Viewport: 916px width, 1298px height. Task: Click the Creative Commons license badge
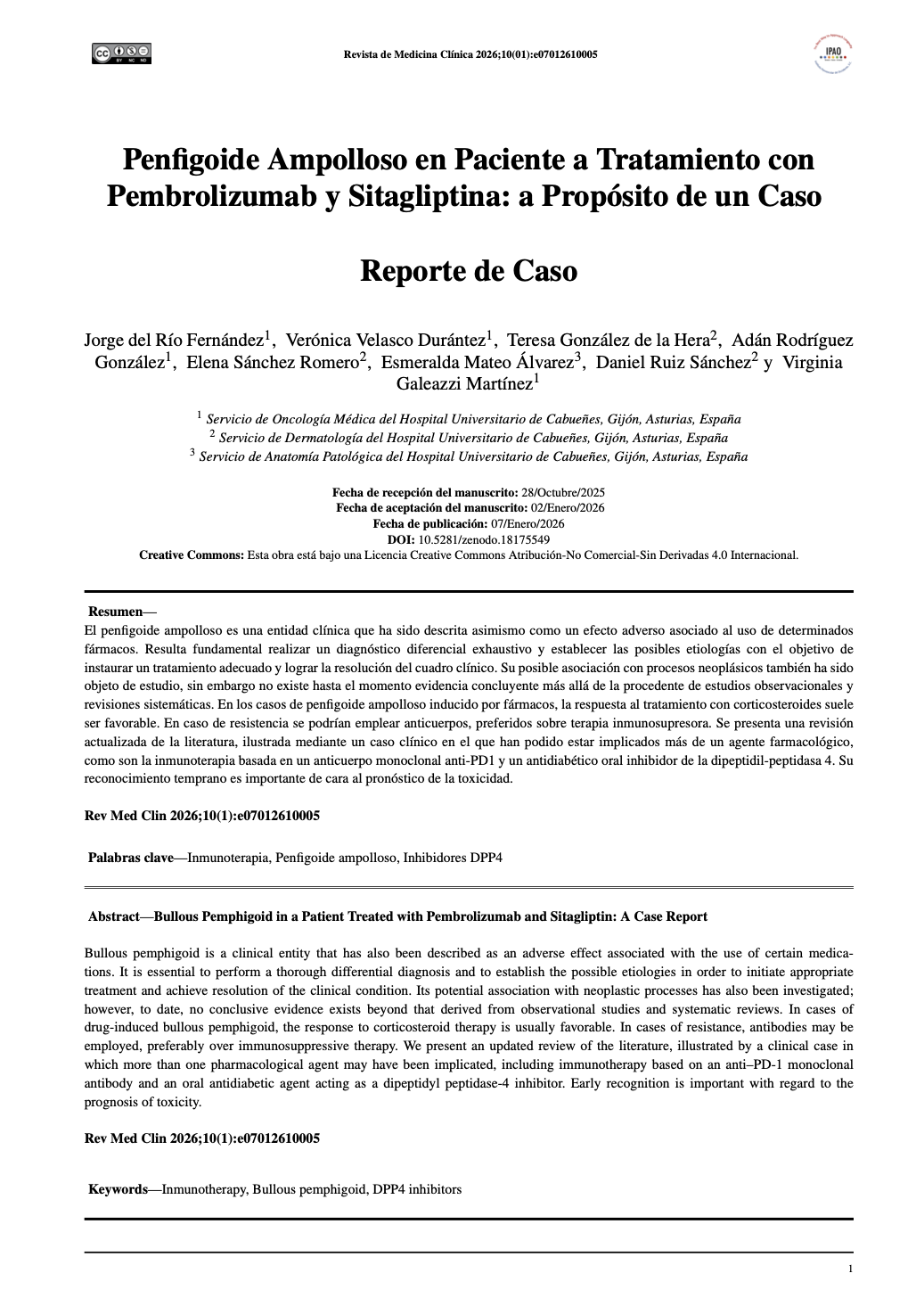121,53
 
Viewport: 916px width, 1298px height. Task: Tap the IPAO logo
834,54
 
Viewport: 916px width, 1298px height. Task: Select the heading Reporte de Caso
469,270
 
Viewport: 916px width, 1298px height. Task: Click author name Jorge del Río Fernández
174,341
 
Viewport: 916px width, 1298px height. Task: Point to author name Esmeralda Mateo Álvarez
477,362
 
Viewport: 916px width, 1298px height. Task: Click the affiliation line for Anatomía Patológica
472,456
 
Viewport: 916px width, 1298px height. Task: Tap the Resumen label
115,612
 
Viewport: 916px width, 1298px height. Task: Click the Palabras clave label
130,858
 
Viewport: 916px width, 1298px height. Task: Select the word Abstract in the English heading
113,916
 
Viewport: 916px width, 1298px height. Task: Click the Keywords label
117,1189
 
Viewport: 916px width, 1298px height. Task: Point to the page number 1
850,1269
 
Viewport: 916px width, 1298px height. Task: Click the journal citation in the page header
470,54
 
